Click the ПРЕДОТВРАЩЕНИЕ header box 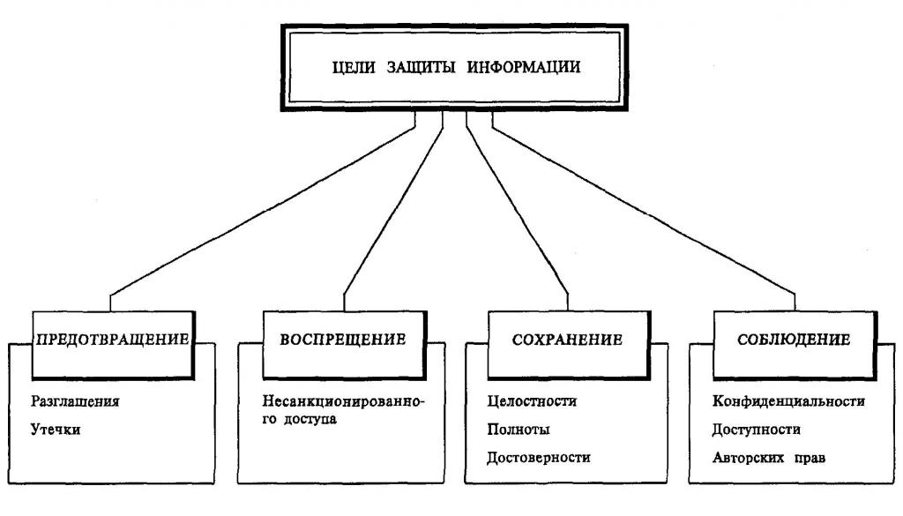pos(113,340)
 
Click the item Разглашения pos(74,400)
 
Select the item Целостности pos(532,401)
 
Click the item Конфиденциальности pos(788,401)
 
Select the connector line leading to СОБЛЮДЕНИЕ pos(644,212)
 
